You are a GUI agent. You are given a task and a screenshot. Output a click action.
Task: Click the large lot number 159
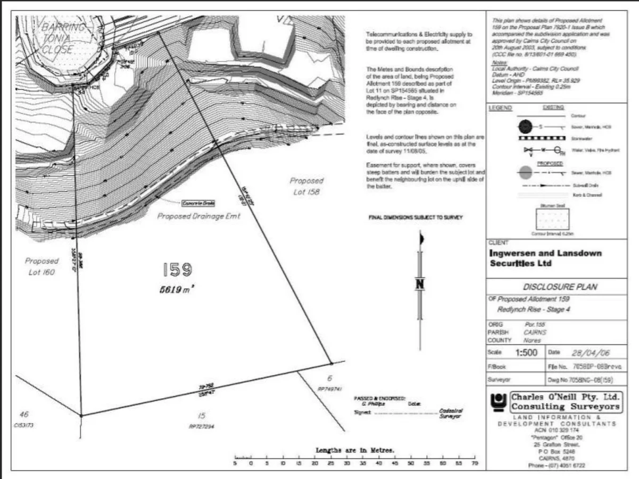pos(177,270)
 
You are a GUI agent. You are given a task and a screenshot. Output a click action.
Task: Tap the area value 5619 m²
pos(176,289)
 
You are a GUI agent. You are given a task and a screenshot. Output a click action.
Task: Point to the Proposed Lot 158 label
pos(306,186)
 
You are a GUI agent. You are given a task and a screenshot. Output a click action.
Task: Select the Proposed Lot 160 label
pos(42,266)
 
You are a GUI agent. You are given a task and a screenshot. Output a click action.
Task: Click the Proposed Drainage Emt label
pos(199,216)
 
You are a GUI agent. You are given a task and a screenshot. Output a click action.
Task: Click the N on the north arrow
pos(420,284)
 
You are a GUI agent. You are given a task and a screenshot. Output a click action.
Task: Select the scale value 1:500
pos(526,352)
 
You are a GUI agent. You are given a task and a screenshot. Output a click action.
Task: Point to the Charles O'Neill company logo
pos(499,402)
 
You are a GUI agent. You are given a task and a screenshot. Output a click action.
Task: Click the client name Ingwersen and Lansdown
pos(545,253)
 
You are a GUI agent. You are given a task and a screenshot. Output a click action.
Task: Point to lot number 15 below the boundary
pos(201,416)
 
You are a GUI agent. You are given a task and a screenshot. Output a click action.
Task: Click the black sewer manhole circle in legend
pos(526,127)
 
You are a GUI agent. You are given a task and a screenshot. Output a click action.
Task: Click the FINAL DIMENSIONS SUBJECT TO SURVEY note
pos(416,217)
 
